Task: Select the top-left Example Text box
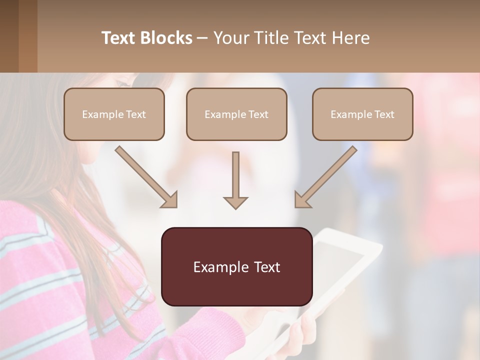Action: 114,114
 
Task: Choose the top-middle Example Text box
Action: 236,114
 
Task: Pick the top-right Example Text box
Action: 362,114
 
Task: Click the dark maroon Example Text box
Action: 236,266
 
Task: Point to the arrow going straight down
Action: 235,180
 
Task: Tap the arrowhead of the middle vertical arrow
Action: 235,202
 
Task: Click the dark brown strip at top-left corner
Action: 9,36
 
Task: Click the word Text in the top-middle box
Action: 258,114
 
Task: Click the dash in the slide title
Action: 202,38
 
